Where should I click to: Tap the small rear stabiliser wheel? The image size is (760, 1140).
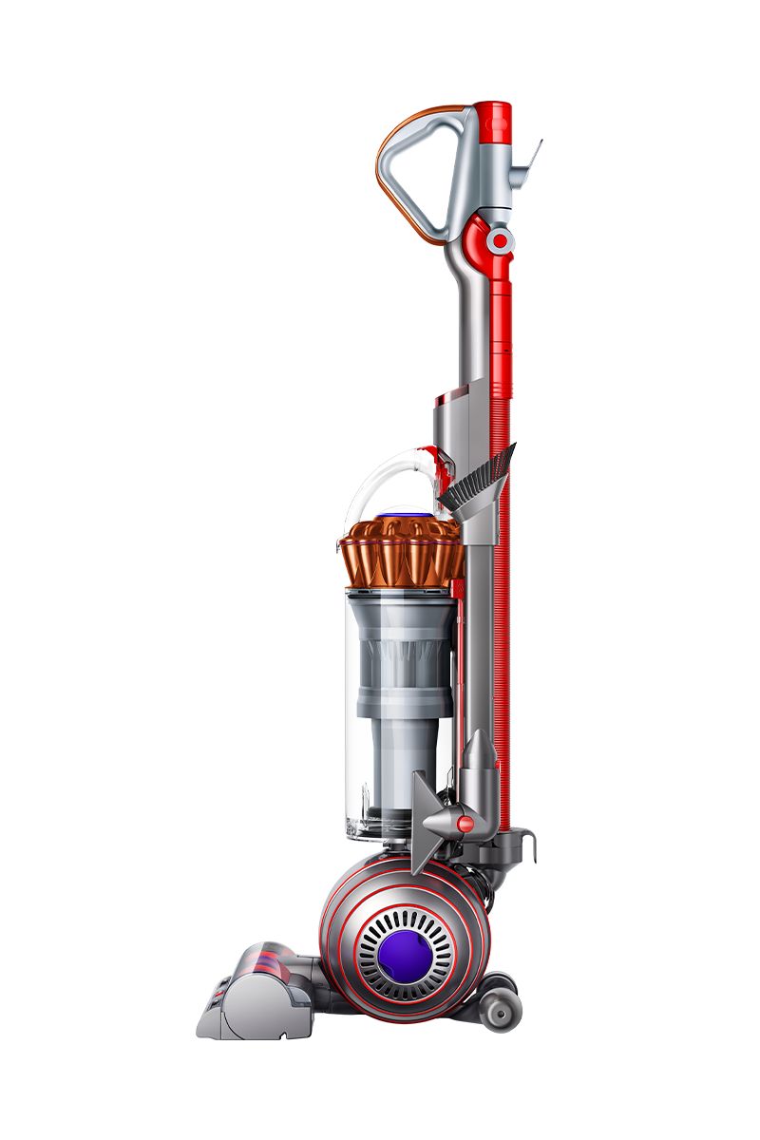[x=499, y=1014]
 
